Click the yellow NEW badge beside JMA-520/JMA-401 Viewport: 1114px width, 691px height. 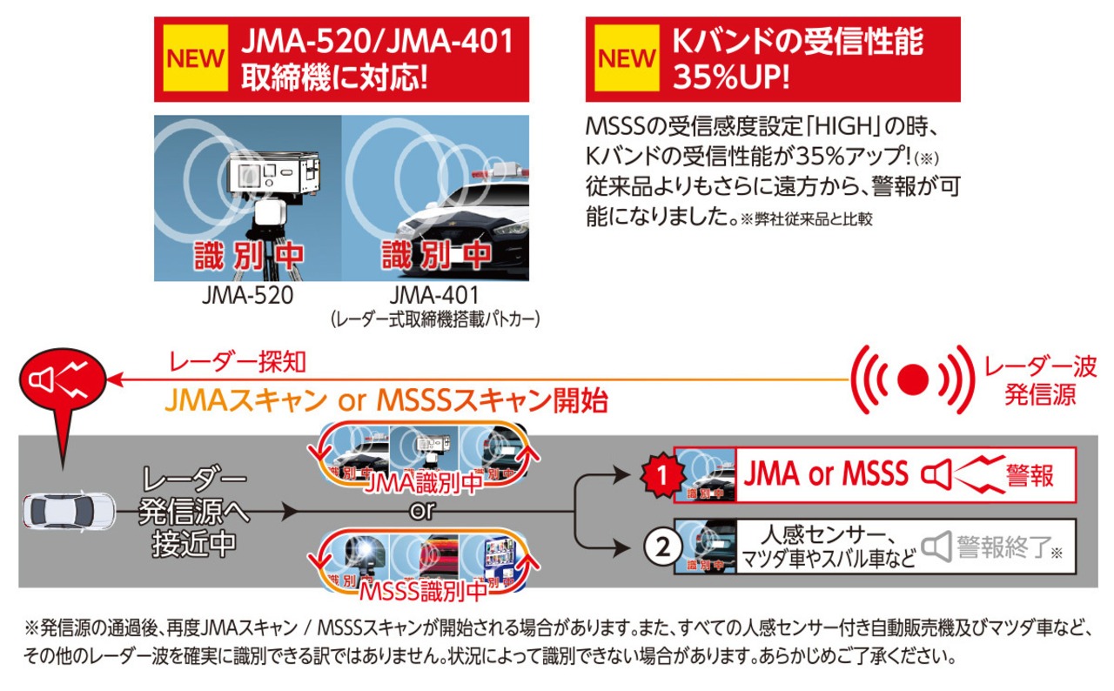[196, 58]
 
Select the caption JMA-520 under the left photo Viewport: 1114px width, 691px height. [247, 296]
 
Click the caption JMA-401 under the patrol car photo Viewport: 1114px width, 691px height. [435, 296]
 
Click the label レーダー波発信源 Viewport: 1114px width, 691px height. [1040, 380]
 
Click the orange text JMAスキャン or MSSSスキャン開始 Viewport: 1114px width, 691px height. [386, 400]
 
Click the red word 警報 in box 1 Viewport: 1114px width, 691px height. [1030, 475]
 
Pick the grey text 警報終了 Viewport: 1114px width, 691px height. [1001, 547]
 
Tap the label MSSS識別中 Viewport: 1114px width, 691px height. [423, 591]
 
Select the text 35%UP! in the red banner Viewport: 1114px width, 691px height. [731, 77]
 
